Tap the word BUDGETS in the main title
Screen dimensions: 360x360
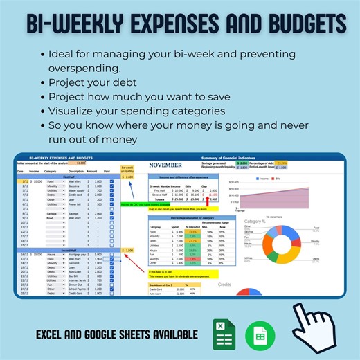[x=298, y=25]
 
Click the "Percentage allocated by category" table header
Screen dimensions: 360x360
[x=183, y=217]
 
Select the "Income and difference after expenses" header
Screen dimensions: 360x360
[x=183, y=177]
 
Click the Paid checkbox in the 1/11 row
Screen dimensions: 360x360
[x=111, y=181]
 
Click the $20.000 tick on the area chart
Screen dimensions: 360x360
[x=233, y=183]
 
